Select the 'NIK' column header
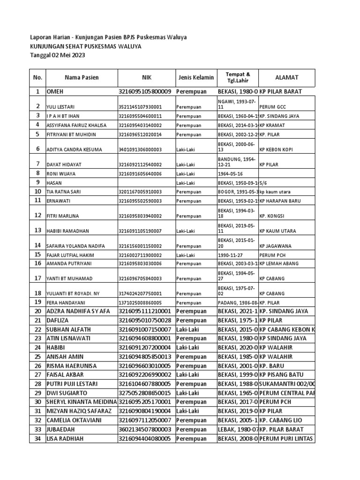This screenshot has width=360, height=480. click(x=147, y=77)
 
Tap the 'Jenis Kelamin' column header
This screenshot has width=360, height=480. click(x=195, y=77)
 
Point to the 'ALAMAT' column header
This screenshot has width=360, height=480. click(x=286, y=77)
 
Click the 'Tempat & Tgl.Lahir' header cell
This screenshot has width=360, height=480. click(x=238, y=77)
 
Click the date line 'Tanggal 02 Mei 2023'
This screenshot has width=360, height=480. click(x=58, y=55)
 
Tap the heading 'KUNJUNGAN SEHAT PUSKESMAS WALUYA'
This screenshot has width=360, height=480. click(x=85, y=46)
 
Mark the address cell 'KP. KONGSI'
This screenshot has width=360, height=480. click(x=272, y=216)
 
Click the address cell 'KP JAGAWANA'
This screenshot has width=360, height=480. click(x=275, y=246)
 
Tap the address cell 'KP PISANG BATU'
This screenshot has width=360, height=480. click(x=281, y=375)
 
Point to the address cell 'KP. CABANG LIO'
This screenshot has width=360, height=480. click(x=281, y=420)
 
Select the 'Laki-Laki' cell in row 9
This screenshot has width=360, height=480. click(x=186, y=182)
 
